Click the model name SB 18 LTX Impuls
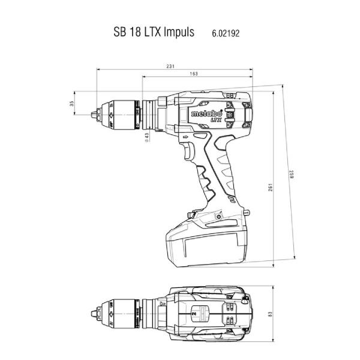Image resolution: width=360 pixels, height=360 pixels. click(154, 32)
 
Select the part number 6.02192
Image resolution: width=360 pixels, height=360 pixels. click(226, 34)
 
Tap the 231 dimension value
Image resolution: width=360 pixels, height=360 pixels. click(170, 67)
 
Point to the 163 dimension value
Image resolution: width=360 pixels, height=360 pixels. click(194, 74)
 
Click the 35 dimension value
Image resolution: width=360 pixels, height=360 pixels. click(73, 103)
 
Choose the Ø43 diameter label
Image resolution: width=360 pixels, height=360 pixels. click(147, 137)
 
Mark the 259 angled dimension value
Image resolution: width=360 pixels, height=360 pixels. click(292, 175)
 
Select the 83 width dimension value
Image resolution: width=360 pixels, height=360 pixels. click(270, 314)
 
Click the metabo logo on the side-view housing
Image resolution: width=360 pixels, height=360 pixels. click(206, 113)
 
